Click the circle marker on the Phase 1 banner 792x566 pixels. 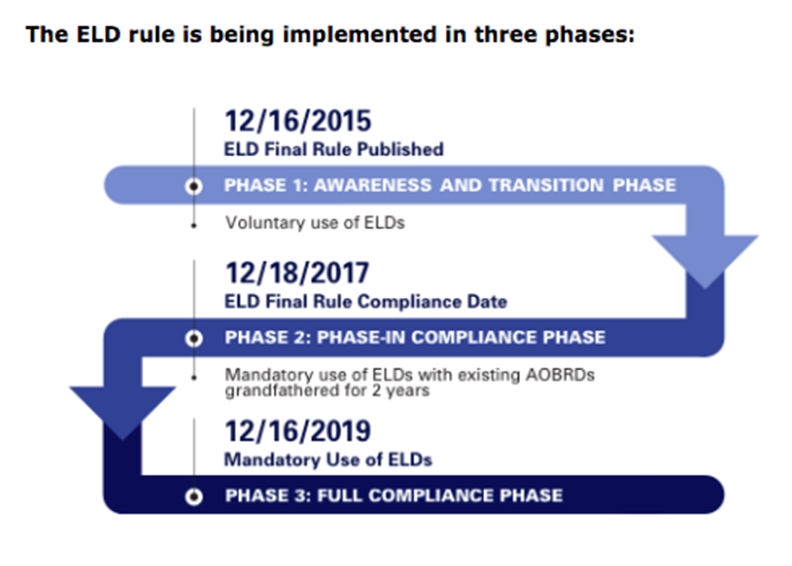coord(194,187)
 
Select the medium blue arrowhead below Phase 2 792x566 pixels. coord(122,409)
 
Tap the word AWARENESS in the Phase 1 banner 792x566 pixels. coord(373,185)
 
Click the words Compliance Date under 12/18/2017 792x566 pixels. coord(432,302)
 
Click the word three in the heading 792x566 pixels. coord(506,35)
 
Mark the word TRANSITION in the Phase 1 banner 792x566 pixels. coord(546,185)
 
